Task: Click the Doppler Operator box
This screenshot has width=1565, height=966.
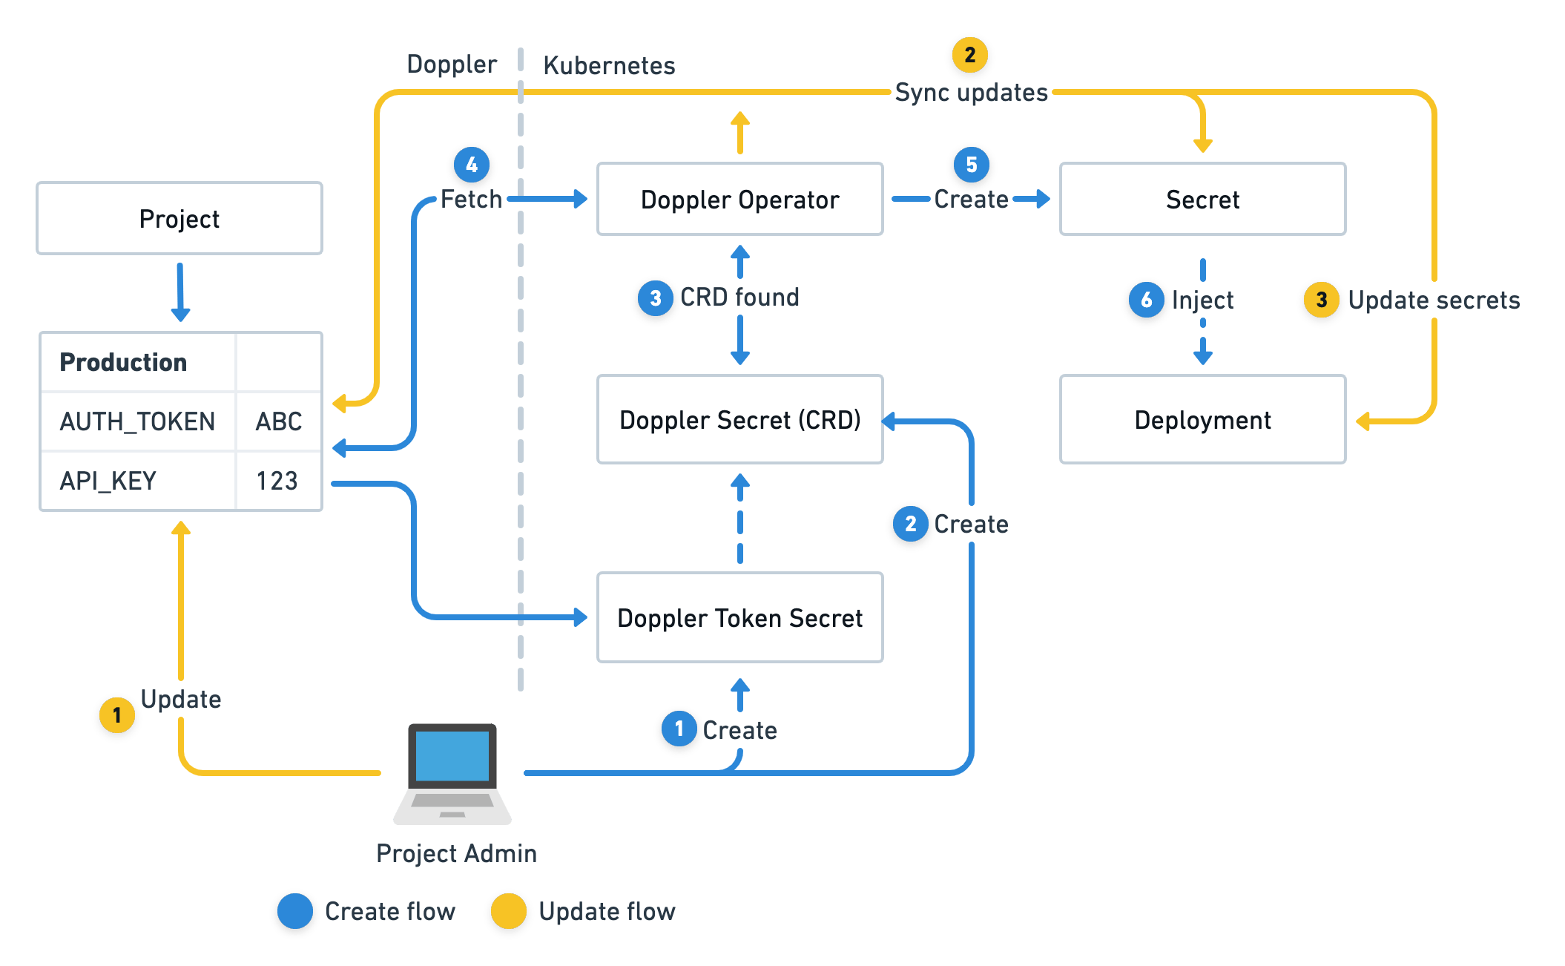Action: click(x=739, y=199)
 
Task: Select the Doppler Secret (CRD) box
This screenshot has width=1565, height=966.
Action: click(x=739, y=420)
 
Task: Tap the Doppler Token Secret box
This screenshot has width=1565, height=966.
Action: click(x=739, y=617)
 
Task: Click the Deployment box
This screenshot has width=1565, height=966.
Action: click(x=1202, y=420)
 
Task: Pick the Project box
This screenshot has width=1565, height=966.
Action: click(x=179, y=219)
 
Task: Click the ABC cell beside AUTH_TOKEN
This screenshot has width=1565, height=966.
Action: click(x=278, y=421)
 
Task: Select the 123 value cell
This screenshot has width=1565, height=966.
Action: click(x=277, y=481)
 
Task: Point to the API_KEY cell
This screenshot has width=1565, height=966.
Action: click(x=138, y=481)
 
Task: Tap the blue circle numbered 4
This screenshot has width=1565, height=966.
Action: click(x=471, y=165)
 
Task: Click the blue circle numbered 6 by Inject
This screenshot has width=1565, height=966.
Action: click(x=1145, y=300)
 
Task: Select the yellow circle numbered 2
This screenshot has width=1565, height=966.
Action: click(x=969, y=55)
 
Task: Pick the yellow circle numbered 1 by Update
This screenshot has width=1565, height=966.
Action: click(x=116, y=715)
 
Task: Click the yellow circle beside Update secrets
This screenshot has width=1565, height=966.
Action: click(x=1321, y=300)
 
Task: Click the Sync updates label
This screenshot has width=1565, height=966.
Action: click(x=971, y=93)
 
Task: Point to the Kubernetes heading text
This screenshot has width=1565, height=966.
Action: click(x=609, y=65)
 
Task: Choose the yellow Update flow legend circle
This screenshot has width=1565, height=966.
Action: click(x=508, y=911)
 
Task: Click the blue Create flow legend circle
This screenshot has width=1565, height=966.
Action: click(x=294, y=911)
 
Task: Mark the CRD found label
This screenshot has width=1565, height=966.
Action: click(x=739, y=298)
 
